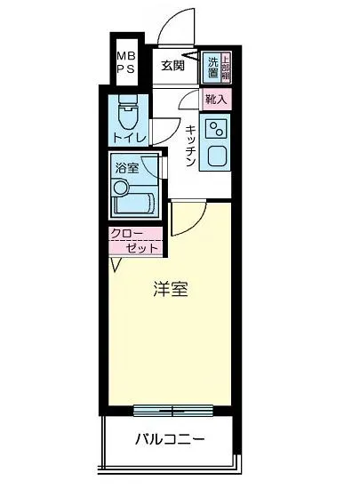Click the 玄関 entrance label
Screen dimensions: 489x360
tap(172, 65)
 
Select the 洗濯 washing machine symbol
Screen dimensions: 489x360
tap(212, 64)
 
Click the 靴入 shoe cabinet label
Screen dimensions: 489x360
tap(215, 100)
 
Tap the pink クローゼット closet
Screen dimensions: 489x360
tap(135, 241)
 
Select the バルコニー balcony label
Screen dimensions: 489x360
tap(171, 439)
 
